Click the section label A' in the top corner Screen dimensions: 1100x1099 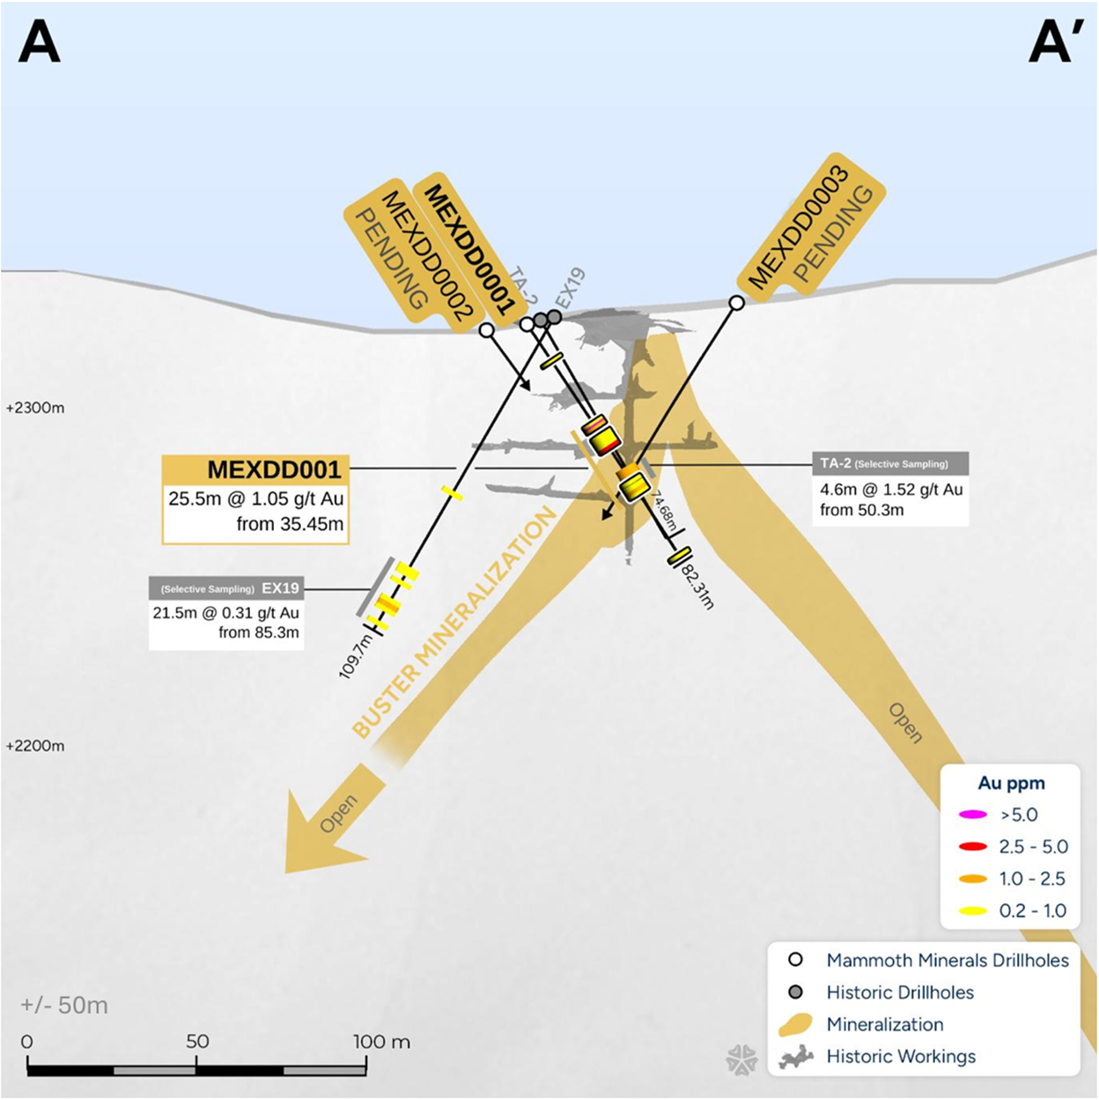click(1051, 41)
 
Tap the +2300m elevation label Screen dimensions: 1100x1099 click(35, 409)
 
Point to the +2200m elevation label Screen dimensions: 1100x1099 click(35, 746)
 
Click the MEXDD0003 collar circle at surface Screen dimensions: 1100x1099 click(737, 303)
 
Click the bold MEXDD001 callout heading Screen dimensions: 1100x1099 click(273, 469)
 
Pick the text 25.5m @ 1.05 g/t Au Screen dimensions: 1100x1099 click(256, 499)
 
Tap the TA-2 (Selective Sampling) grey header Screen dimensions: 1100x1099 click(890, 463)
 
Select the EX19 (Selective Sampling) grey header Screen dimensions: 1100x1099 click(226, 588)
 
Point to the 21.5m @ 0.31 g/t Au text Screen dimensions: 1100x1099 click(226, 613)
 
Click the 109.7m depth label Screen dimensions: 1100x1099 click(357, 656)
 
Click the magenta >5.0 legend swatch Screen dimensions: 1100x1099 click(972, 815)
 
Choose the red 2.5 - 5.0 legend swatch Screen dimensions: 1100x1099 click(972, 847)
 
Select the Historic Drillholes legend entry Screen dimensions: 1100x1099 click(899, 993)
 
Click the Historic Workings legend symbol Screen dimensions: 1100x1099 click(796, 1057)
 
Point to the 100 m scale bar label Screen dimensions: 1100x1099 click(381, 1042)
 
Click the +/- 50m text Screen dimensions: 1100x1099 click(64, 1005)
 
